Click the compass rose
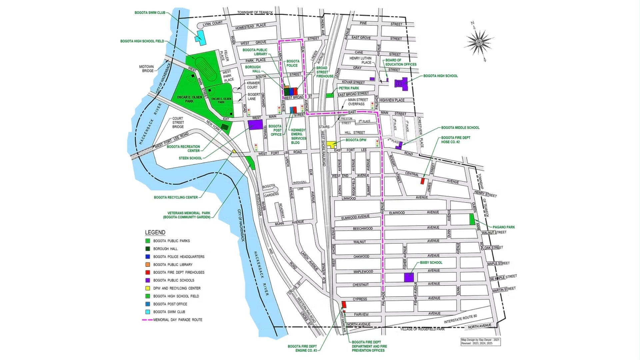[479, 42]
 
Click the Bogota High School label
[440, 76]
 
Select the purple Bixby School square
[409, 277]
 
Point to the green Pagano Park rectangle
[472, 219]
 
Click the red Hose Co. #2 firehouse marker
[422, 181]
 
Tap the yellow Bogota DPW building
[331, 144]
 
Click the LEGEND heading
[155, 232]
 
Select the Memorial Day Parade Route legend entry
[177, 320]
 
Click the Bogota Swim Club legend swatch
[147, 312]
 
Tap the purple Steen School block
[255, 125]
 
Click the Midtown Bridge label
[146, 69]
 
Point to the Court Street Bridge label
[178, 122]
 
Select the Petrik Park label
[349, 88]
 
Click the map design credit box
[481, 342]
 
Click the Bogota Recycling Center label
[176, 197]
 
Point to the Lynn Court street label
[212, 23]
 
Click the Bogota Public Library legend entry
[173, 265]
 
